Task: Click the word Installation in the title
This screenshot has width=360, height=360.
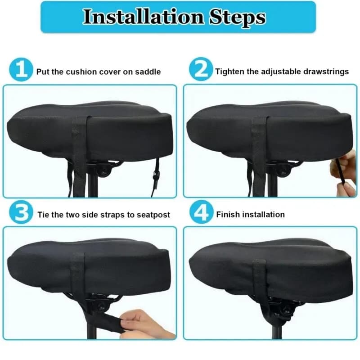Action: coord(144,17)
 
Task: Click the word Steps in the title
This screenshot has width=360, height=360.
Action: coord(238,18)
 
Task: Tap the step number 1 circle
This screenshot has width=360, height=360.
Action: coord(21,70)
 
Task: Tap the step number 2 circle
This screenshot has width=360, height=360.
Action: coord(201,69)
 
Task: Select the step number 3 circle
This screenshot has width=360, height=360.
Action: coord(21,212)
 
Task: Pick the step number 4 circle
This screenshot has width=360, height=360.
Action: coord(201,212)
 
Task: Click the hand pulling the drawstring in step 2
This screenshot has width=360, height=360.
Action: coord(343,175)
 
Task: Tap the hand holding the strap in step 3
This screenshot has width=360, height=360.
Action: coord(144,324)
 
